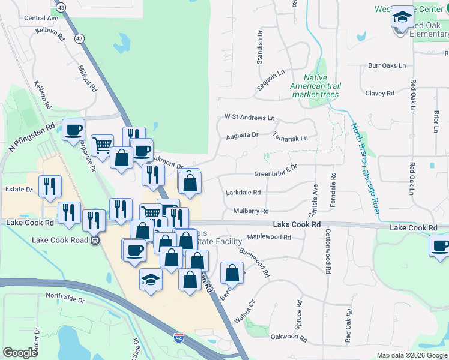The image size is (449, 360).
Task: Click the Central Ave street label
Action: coord(41,18)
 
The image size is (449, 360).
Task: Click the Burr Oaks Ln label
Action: coord(387,65)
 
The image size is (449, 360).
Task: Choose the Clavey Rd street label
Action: coord(379,93)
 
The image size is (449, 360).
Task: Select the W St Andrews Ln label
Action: coord(249,118)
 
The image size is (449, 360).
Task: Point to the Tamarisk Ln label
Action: coord(290,137)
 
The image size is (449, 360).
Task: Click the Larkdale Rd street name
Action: coord(244,193)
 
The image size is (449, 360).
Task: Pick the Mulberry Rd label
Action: coord(251,211)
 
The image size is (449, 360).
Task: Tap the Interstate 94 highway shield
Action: coord(179,339)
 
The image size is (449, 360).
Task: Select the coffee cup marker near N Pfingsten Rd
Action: coord(74,130)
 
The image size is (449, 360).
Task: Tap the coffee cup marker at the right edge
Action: coord(440,245)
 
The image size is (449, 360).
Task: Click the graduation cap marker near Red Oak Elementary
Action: coord(402,16)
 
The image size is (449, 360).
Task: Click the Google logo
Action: coord(20,353)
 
